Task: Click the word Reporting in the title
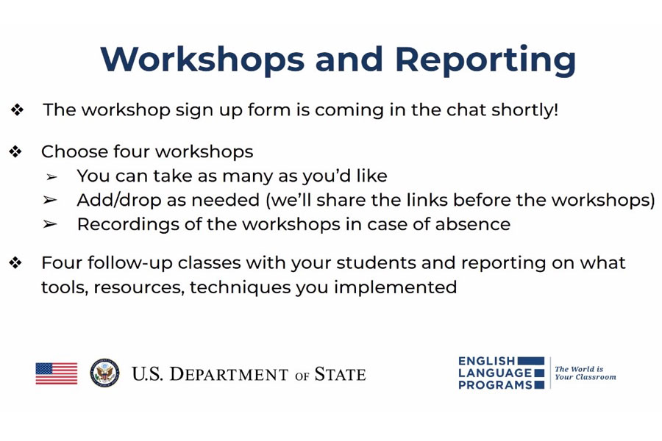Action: click(485, 60)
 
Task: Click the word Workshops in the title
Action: click(203, 58)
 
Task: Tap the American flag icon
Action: click(57, 373)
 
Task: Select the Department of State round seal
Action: click(104, 373)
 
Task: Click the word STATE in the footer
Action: click(341, 374)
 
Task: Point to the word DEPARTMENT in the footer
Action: click(229, 374)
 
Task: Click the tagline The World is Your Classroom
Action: click(586, 373)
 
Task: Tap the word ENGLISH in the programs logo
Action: click(487, 361)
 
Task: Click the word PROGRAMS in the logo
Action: click(495, 385)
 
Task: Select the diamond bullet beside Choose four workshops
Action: click(15, 151)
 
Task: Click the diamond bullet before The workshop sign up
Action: click(18, 110)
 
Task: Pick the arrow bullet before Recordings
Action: click(50, 224)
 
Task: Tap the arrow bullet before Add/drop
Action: click(50, 200)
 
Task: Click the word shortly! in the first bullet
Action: click(524, 110)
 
